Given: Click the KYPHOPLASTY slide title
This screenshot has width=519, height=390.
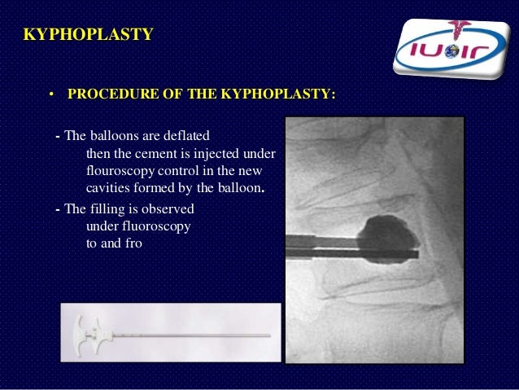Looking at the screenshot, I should (88, 35).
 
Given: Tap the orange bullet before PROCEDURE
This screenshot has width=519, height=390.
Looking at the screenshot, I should (50, 95).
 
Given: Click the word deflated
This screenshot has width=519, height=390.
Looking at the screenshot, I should (190, 134).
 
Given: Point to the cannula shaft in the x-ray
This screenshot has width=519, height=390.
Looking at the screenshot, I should (325, 243).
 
